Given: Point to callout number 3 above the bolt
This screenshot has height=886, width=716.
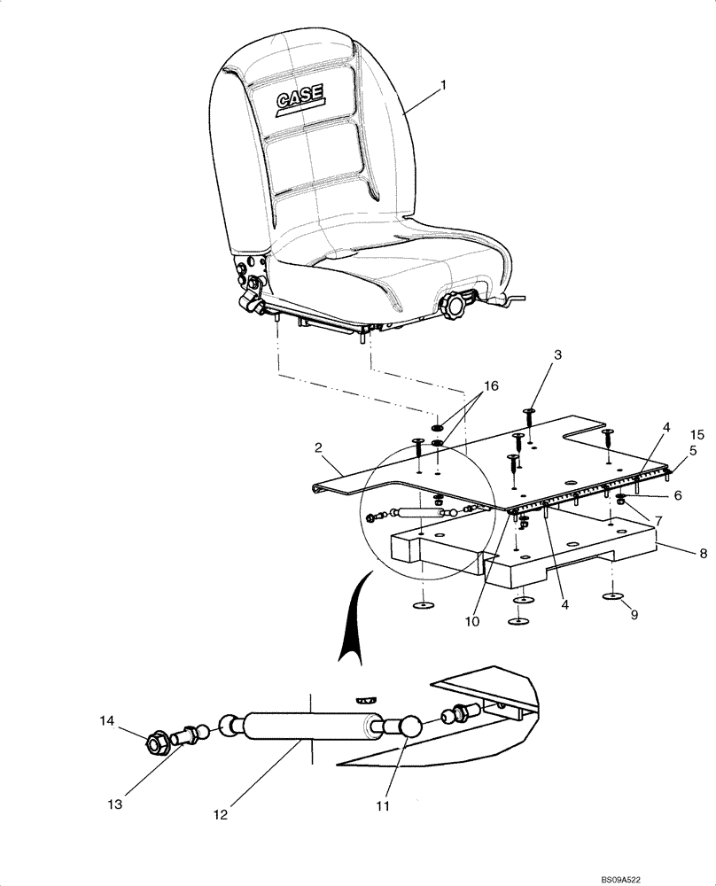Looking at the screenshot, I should click(532, 355).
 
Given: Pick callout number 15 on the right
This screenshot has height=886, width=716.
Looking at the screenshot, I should click(697, 435).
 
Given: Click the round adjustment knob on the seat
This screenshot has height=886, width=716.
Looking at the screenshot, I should click(456, 307).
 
